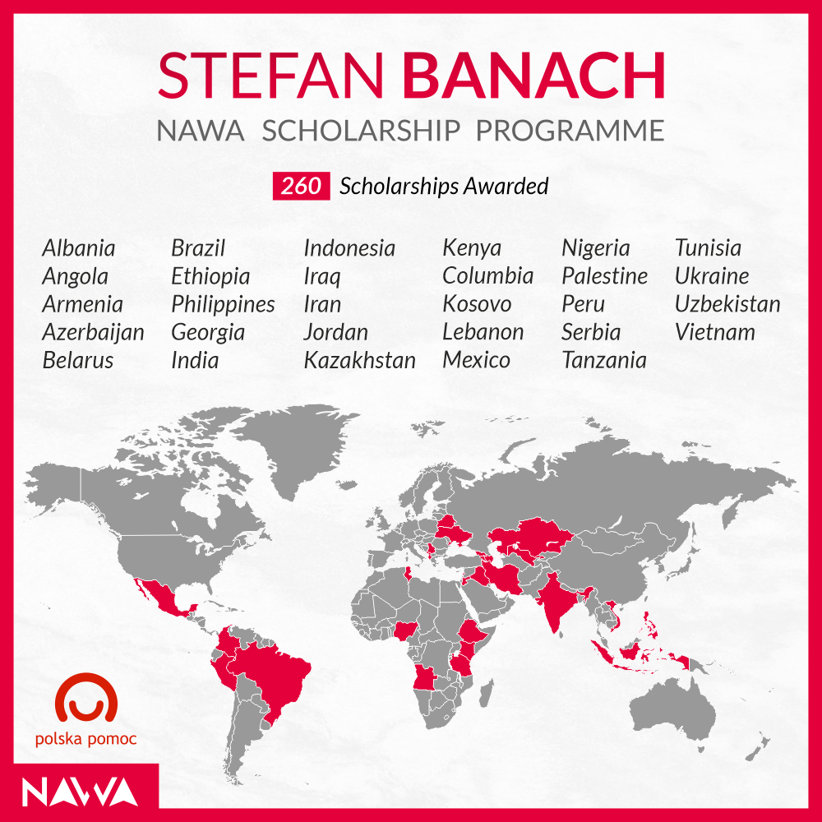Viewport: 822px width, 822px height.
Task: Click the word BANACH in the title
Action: [533, 76]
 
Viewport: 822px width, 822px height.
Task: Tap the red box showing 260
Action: [301, 186]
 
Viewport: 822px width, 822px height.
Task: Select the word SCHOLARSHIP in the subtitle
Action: [361, 131]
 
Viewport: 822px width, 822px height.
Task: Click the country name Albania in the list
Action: [79, 248]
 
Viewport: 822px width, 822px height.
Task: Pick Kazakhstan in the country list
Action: [360, 361]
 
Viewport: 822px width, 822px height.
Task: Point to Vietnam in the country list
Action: [715, 332]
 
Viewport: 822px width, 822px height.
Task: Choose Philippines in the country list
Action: [223, 305]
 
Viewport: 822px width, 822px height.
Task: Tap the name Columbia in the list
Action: [487, 276]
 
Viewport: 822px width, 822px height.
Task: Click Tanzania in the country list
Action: [604, 361]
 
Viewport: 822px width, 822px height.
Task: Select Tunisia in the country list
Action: [708, 248]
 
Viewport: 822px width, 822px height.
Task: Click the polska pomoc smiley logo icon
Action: [86, 698]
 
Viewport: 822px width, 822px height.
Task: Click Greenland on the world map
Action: [299, 446]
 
